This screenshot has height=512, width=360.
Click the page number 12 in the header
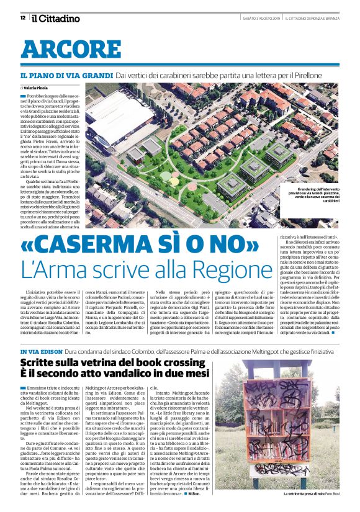[23, 18]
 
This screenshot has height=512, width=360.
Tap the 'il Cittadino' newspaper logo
[55, 18]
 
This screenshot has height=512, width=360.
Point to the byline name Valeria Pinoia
[45, 89]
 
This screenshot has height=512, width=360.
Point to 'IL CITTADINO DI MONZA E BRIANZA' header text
[314, 18]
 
